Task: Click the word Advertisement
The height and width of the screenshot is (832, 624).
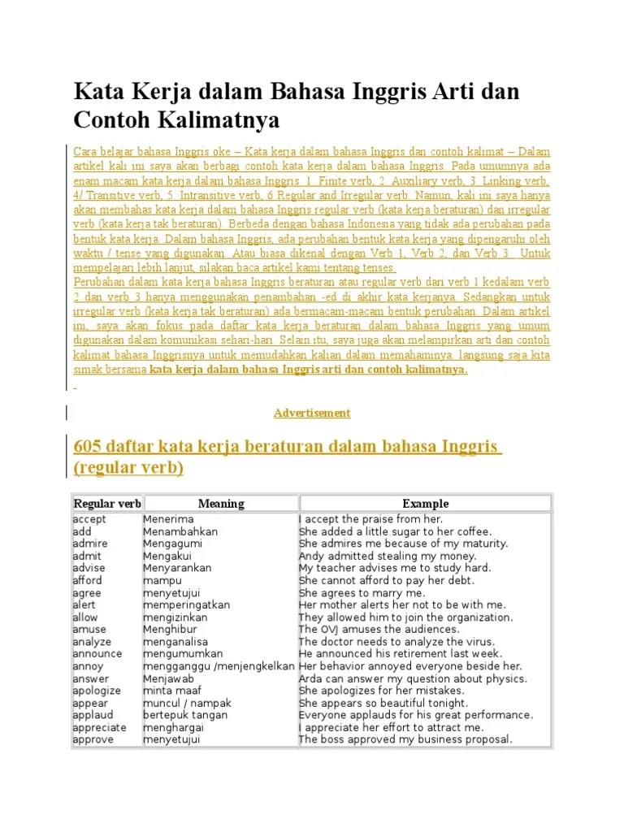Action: point(312,413)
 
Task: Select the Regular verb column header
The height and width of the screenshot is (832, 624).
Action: point(106,503)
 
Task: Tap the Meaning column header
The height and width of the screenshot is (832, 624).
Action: point(221,503)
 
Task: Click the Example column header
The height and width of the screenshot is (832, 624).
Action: point(425,503)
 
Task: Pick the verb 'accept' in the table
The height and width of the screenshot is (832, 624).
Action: point(89,519)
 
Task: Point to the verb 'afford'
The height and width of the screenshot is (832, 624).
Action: point(88,580)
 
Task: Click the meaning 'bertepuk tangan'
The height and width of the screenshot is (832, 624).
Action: point(185,715)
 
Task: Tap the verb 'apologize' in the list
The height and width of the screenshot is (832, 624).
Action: point(97,691)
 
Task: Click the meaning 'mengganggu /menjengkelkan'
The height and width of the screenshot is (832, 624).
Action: point(219,666)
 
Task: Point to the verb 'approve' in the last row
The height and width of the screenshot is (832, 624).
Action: point(93,739)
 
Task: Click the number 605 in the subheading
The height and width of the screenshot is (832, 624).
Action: point(87,447)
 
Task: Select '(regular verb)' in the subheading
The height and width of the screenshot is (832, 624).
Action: point(128,468)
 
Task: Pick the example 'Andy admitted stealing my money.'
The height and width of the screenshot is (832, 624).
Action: point(387,556)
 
